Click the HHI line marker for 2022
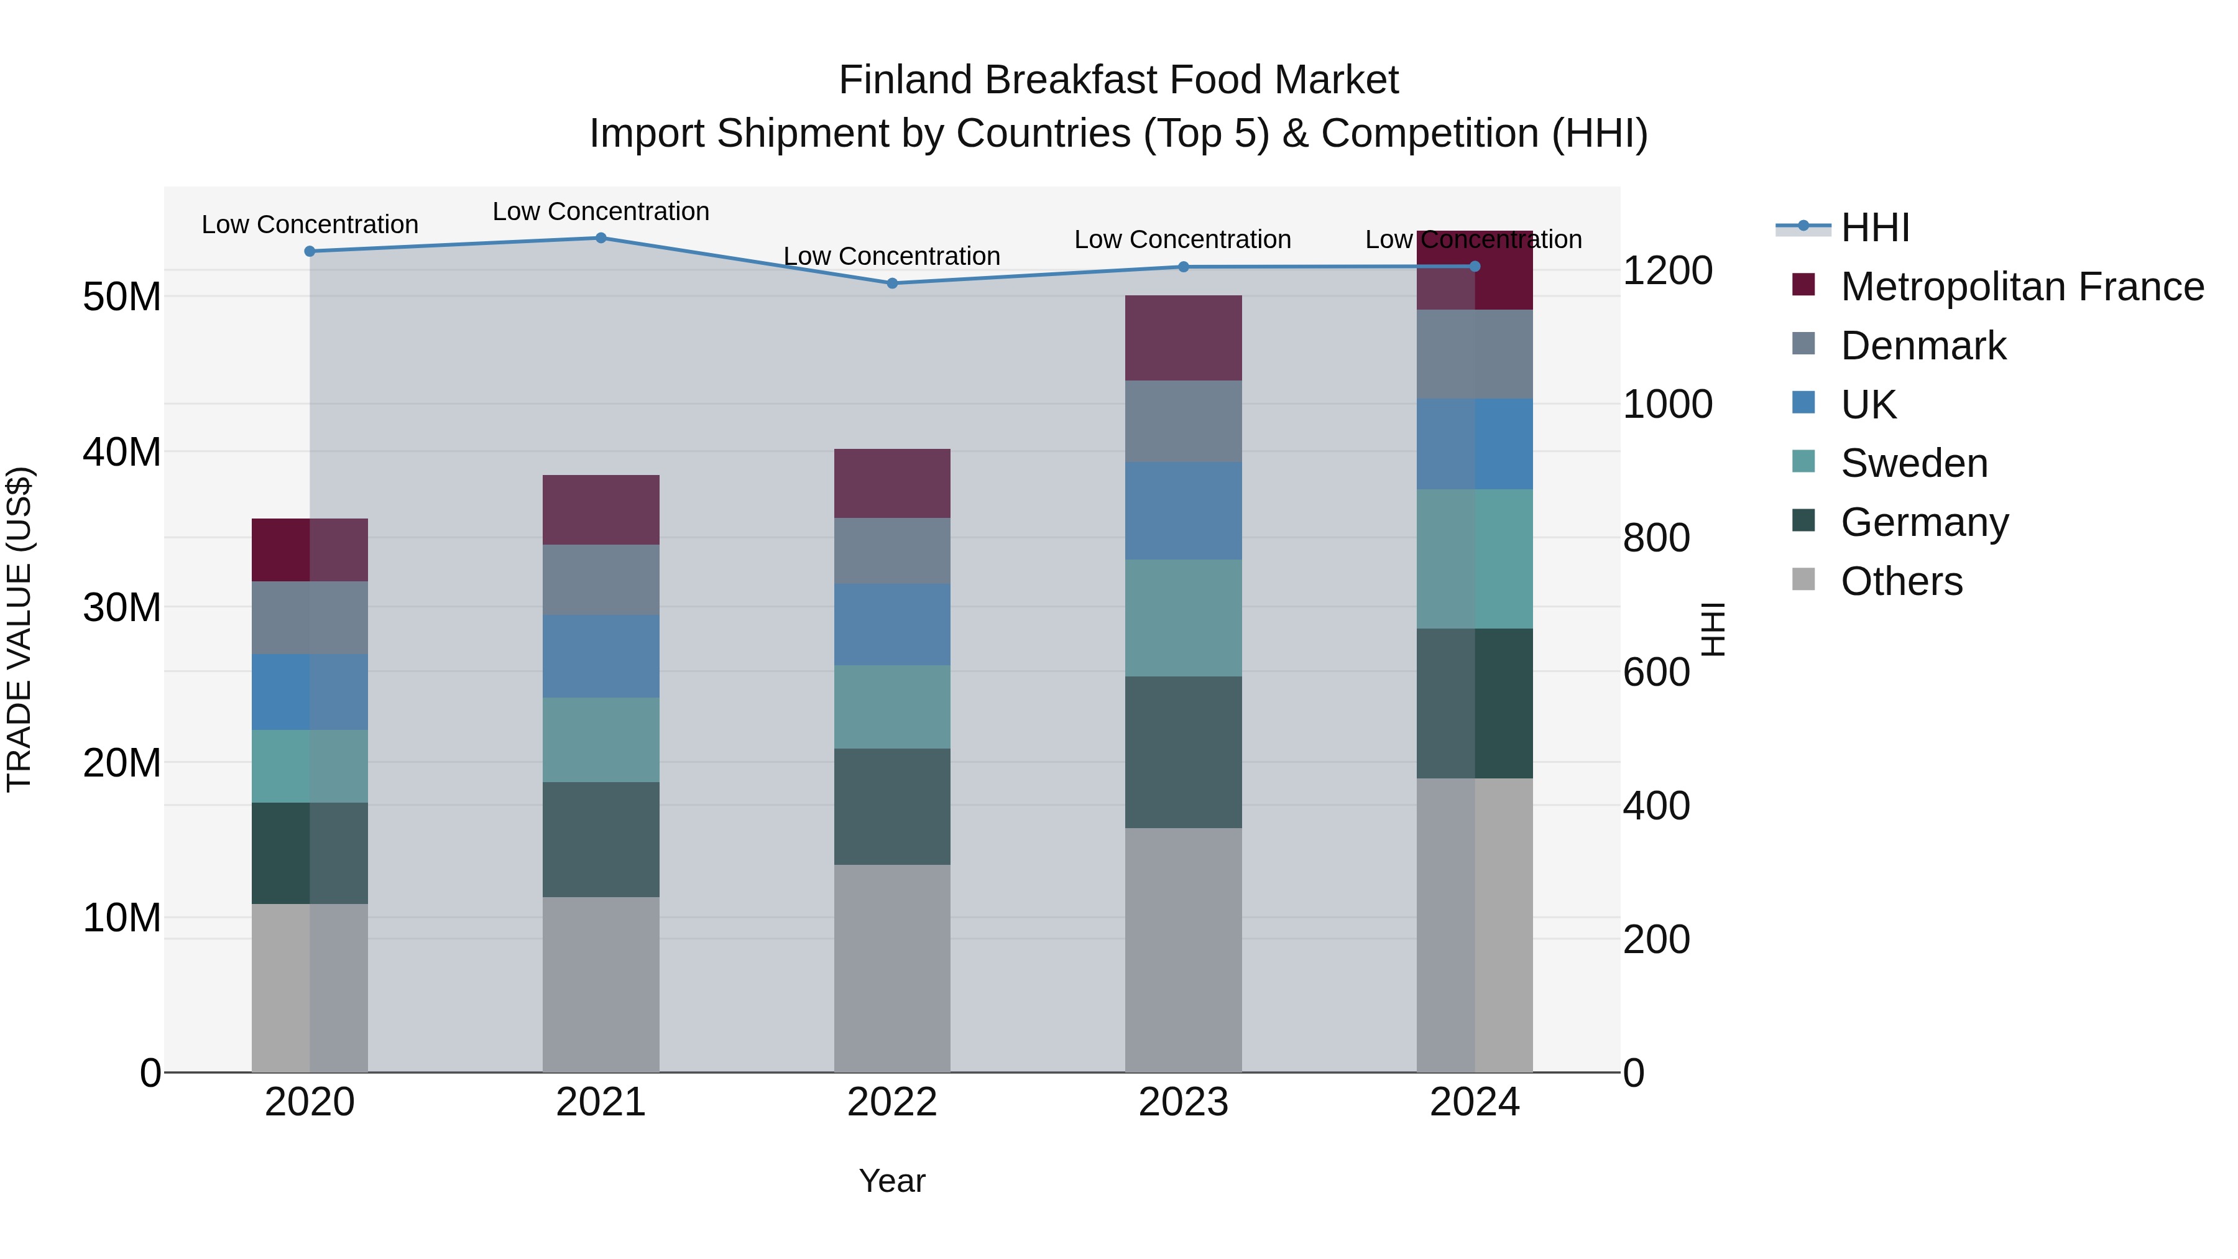click(891, 284)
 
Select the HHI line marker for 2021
click(601, 238)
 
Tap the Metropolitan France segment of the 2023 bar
click(1182, 338)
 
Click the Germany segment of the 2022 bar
click(891, 806)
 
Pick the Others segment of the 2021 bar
click(601, 984)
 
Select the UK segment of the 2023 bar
click(1182, 511)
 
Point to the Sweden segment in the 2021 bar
click(601, 739)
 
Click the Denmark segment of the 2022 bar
click(891, 551)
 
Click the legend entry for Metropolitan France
click(2022, 287)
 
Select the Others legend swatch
click(1803, 579)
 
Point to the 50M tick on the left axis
click(122, 297)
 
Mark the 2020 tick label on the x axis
click(310, 1102)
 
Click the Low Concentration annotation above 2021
click(601, 211)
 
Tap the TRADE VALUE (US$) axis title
click(19, 629)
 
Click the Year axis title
click(891, 1181)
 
